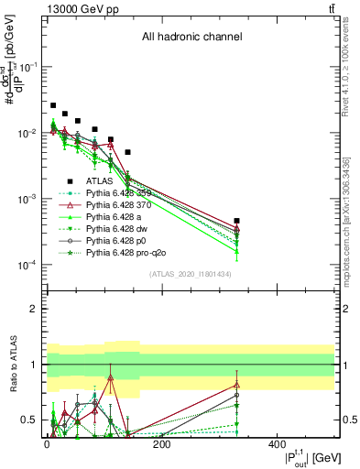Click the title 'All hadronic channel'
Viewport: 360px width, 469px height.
[191, 37]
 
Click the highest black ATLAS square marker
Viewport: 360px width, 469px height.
[53, 106]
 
